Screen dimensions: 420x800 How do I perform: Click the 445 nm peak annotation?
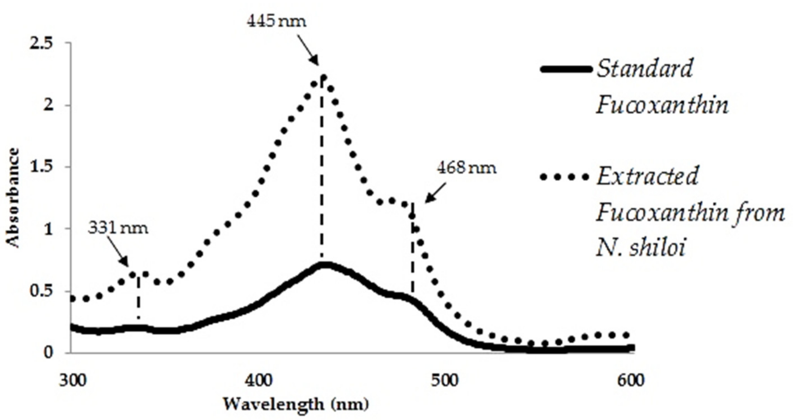pyautogui.click(x=276, y=21)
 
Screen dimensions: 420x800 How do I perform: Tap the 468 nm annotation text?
pyautogui.click(x=467, y=168)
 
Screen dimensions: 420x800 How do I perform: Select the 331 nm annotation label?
pyautogui.click(x=118, y=228)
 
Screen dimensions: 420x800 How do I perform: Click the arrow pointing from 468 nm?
pyautogui.click(x=436, y=193)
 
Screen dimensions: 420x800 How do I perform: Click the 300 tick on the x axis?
pyautogui.click(x=73, y=380)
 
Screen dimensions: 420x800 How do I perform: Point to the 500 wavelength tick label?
pyautogui.click(x=445, y=380)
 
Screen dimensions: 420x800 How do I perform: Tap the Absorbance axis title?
pyautogui.click(x=13, y=198)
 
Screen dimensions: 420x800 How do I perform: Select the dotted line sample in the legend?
pyautogui.click(x=564, y=177)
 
